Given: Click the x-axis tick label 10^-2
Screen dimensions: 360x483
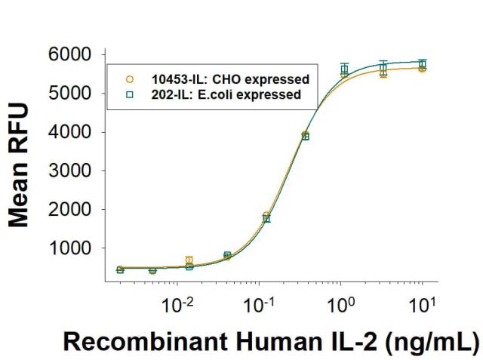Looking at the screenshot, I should (180, 306).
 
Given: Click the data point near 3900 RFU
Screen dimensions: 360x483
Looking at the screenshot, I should (306, 136).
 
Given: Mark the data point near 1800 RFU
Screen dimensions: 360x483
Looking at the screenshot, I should (266, 217).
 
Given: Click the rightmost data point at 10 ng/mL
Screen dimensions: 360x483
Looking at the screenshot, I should (423, 66).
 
